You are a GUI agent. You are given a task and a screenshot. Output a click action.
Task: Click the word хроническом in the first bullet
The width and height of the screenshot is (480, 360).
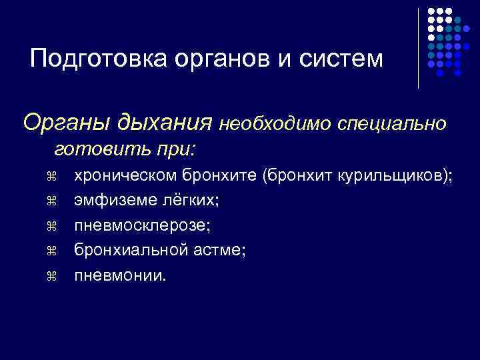[126, 176]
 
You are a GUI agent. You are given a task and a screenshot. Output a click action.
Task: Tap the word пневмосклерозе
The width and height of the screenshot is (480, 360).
[142, 225]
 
